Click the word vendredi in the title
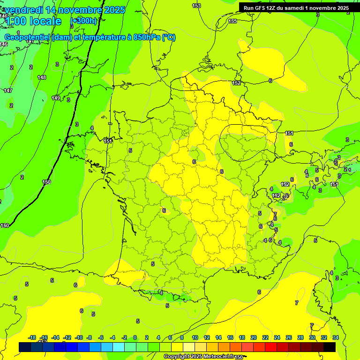tap(23, 10)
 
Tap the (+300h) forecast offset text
tap(83, 21)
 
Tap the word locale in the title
tap(45, 21)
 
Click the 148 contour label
tap(42, 77)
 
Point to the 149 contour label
tap(56, 98)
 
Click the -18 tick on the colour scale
tap(32, 337)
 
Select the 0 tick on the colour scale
tap(135, 337)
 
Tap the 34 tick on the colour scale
tap(336, 337)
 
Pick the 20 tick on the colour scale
tap(254, 337)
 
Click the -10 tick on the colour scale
tap(78, 337)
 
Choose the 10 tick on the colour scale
tap(195, 337)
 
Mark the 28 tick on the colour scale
tap(300, 337)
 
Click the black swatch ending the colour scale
tap(330, 347)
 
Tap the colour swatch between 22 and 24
tap(271, 347)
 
